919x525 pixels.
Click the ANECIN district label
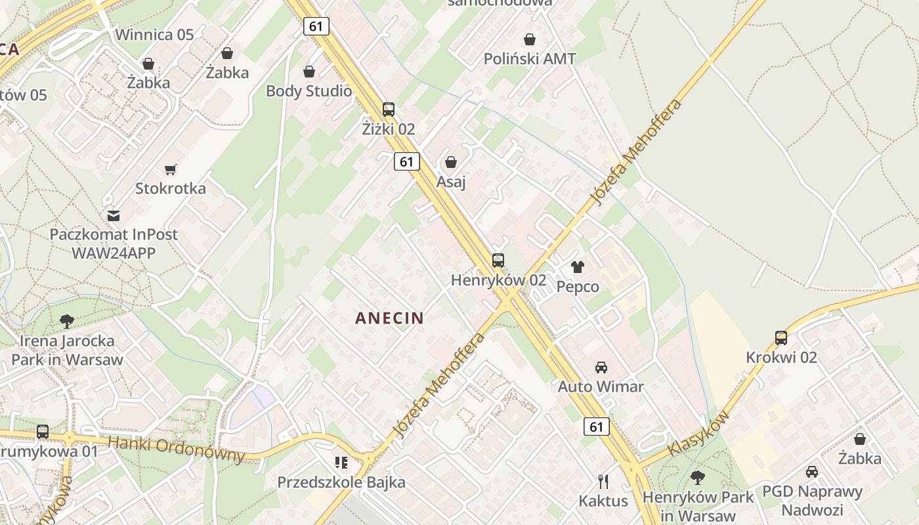click(389, 318)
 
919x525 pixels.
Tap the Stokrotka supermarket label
click(171, 188)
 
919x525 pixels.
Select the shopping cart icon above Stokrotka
click(171, 170)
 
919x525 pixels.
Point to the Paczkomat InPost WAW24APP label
click(114, 243)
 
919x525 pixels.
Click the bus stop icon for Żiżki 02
click(389, 110)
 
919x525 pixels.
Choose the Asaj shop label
click(451, 181)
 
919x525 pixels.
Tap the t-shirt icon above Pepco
click(578, 267)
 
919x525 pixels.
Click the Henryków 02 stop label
click(498, 280)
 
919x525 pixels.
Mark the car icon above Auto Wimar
click(601, 367)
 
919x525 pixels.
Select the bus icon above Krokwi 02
click(781, 338)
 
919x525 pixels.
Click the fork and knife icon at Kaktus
click(603, 482)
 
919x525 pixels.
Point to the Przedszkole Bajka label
click(341, 482)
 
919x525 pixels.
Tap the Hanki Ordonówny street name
click(176, 449)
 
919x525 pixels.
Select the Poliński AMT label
click(530, 58)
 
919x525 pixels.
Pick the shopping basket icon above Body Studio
click(309, 72)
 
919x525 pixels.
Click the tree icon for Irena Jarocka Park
click(66, 322)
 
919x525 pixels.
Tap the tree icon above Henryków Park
click(698, 478)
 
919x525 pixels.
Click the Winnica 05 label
click(154, 35)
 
